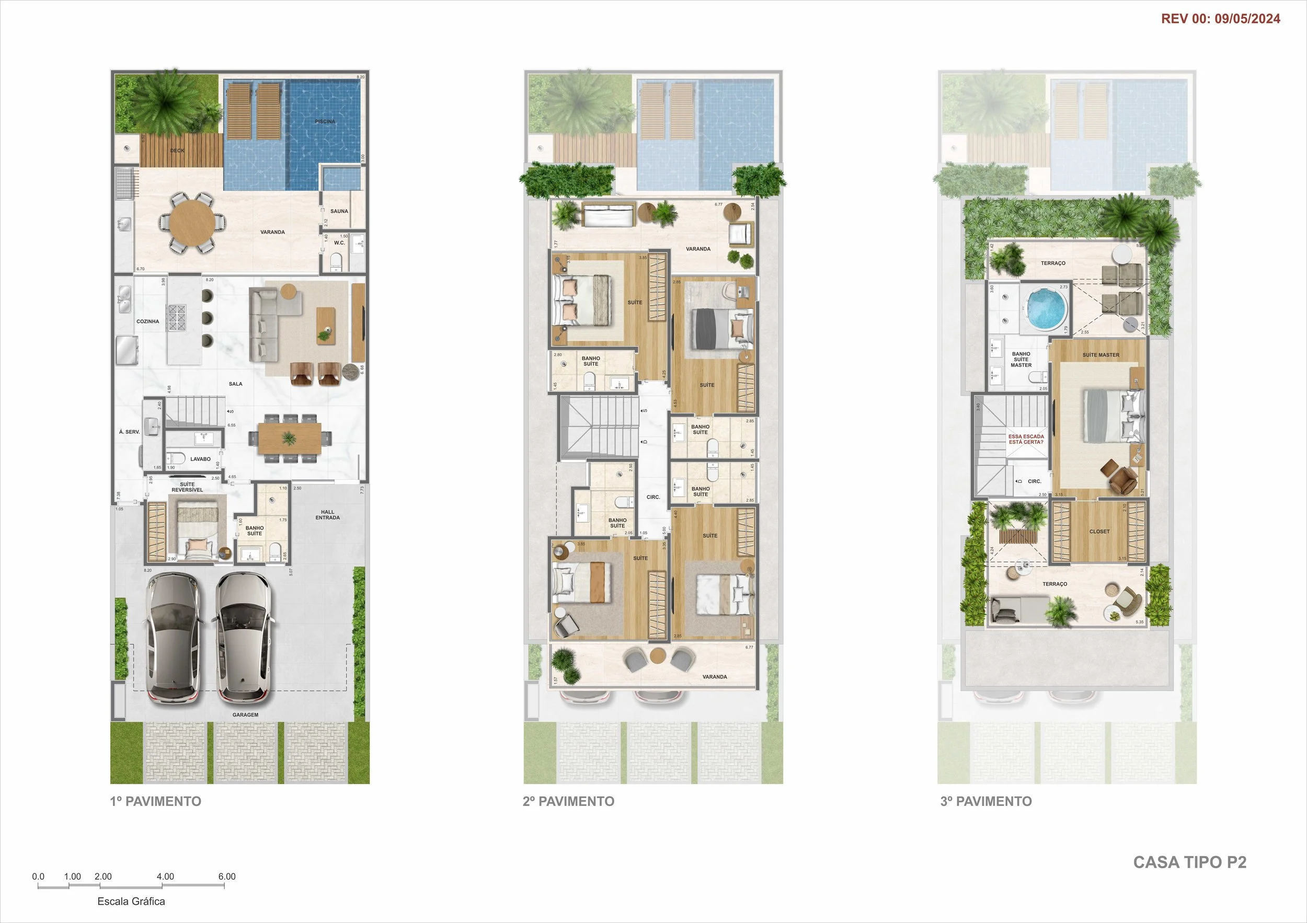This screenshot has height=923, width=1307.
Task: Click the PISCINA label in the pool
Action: [325, 121]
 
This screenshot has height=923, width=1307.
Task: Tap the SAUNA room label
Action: [339, 211]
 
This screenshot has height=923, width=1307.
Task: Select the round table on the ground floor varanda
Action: [192, 222]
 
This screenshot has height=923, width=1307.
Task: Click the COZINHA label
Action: [147, 321]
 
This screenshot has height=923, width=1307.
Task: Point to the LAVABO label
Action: [200, 459]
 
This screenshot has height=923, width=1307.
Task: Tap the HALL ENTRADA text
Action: [327, 514]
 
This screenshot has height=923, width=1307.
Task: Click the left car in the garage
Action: [173, 637]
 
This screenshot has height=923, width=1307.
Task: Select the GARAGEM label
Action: [245, 715]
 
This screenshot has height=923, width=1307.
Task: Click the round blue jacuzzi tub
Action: [1047, 309]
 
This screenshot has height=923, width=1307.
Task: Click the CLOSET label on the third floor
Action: [1099, 532]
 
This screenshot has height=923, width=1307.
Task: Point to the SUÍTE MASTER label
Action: [1100, 355]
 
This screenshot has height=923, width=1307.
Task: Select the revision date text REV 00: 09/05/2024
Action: [1220, 19]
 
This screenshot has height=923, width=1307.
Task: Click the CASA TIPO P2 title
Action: [1189, 862]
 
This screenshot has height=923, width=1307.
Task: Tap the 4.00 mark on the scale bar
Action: [165, 876]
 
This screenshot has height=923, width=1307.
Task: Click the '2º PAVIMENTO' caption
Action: [568, 801]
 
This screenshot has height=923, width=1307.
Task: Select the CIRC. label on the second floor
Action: [653, 498]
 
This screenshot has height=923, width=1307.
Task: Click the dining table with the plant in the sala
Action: [289, 438]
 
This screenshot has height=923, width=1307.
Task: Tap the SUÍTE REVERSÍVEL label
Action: [187, 487]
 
